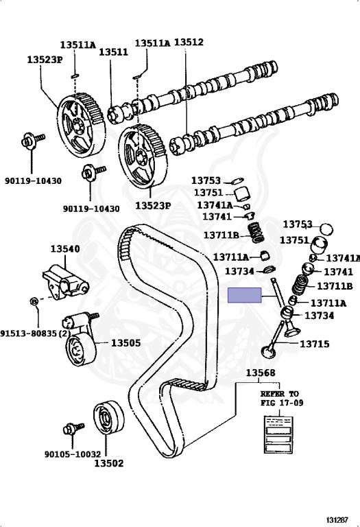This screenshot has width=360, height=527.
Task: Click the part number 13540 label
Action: tap(65, 248)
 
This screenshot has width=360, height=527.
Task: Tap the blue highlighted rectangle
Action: tap(245, 295)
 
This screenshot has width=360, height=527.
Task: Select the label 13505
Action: tap(125, 343)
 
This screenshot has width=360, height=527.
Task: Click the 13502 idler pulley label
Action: tap(109, 463)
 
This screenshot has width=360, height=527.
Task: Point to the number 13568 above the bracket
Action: tap(261, 373)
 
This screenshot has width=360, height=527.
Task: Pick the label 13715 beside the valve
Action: tap(314, 344)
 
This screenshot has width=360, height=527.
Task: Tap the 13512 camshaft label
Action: tap(189, 42)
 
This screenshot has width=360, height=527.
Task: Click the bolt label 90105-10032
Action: tap(73, 454)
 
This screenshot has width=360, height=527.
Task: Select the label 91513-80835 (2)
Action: tap(36, 333)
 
